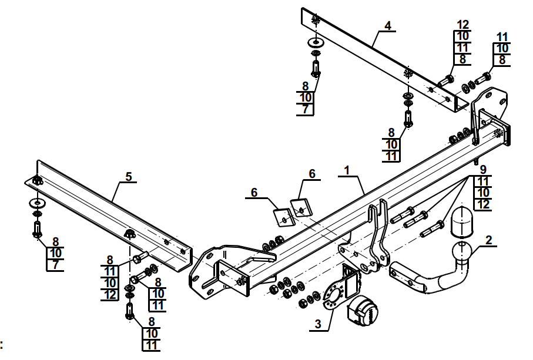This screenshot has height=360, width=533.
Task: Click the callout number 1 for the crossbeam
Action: tap(347, 170)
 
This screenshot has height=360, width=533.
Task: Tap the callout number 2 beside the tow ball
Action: tap(488, 240)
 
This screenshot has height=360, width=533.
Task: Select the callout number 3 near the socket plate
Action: tap(318, 324)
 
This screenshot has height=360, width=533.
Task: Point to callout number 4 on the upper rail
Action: tap(388, 25)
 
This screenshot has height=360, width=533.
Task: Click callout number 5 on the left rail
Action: tap(129, 177)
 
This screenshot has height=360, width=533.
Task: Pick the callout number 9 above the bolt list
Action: tap(483, 170)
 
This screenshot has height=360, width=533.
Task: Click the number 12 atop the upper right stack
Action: tap(463, 25)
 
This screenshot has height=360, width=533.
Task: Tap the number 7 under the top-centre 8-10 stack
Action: tap(305, 110)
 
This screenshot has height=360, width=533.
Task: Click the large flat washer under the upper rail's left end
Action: tap(316, 43)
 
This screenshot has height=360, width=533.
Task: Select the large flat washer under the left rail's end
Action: tap(36, 203)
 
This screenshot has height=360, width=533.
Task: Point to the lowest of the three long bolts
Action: tap(432, 229)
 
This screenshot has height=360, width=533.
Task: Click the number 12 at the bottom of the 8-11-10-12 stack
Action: tap(110, 294)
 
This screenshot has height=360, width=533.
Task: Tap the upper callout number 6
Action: tap(312, 174)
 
